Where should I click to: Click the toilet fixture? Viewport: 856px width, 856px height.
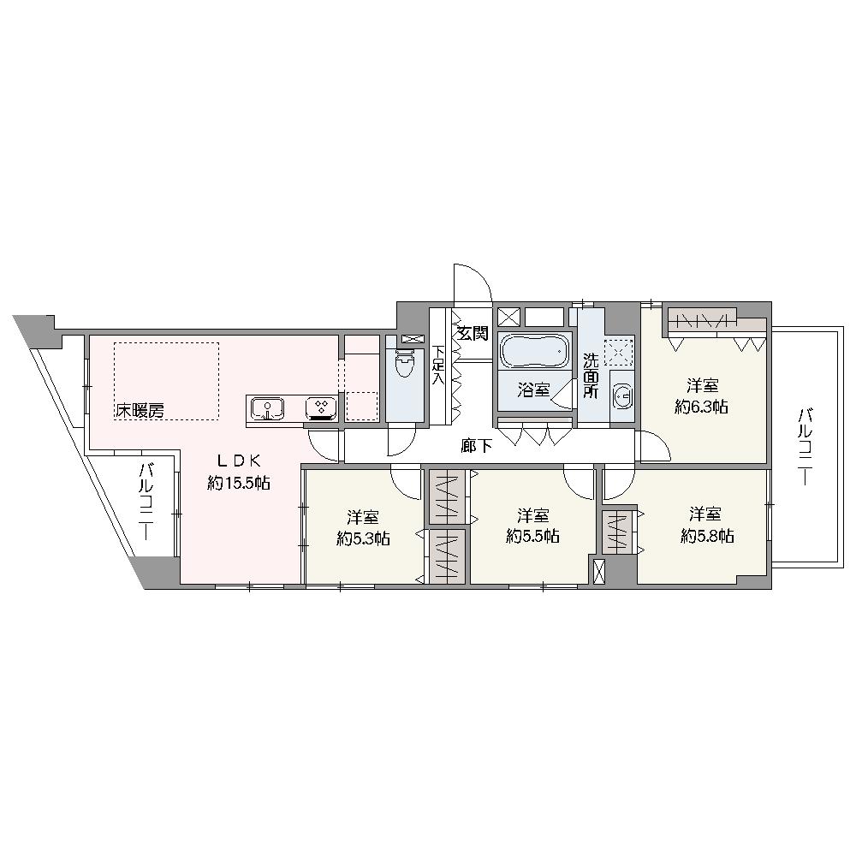405,362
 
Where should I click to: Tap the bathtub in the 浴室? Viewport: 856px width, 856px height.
535,351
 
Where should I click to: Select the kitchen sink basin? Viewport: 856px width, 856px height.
267,408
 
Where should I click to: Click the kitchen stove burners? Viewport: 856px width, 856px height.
321,407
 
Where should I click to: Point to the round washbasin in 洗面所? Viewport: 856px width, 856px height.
621,394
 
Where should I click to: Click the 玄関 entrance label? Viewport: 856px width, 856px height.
473,333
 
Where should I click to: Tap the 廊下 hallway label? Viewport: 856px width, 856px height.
477,447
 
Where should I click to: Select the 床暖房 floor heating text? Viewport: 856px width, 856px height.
140,411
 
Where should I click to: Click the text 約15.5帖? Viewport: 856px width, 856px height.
239,483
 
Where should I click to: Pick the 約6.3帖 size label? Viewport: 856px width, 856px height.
701,407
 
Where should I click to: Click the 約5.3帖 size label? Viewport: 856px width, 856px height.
363,538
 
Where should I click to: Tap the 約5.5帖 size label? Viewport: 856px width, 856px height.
532,536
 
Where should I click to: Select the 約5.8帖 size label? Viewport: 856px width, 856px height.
707,536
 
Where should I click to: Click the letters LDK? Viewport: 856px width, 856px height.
239,461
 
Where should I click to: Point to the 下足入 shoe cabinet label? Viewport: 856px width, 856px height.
437,365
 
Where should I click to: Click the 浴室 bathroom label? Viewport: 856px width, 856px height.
533,389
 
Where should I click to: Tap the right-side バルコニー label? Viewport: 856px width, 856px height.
805,447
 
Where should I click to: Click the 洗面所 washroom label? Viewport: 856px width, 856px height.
590,376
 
